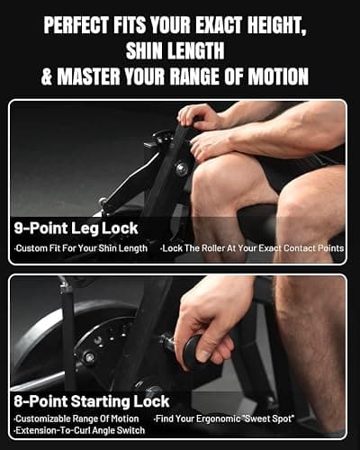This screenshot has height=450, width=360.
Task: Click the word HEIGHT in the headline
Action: click(x=276, y=24)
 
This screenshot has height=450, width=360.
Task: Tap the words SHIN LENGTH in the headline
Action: click(x=175, y=50)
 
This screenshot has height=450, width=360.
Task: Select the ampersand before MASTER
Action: click(x=47, y=76)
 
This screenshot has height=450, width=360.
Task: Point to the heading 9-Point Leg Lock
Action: click(x=76, y=229)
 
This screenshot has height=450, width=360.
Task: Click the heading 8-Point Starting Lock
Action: click(x=92, y=401)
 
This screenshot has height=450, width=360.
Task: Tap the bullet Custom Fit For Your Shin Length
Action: click(x=81, y=248)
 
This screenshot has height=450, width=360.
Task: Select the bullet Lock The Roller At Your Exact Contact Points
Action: click(x=252, y=248)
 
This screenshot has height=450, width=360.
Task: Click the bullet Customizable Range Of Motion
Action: click(x=76, y=418)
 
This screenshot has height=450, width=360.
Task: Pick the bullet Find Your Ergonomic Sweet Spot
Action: click(x=224, y=418)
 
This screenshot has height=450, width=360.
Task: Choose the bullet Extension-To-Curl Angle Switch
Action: click(x=79, y=430)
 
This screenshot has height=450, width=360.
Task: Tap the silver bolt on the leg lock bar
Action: click(x=182, y=168)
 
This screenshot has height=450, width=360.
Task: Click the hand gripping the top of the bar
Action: click(x=200, y=117)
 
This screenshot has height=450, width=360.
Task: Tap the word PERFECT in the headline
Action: click(x=76, y=24)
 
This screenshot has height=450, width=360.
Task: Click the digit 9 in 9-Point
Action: click(x=19, y=229)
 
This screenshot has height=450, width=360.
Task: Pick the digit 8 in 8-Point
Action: click(x=19, y=401)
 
